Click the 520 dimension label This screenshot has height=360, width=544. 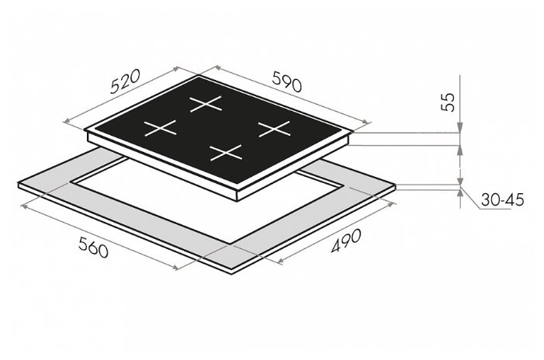125,81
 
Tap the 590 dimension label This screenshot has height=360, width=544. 287,81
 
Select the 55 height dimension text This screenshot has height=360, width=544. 448,102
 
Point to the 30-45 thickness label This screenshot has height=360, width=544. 502,200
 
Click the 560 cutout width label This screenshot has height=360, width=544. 93,247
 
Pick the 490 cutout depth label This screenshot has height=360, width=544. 346,241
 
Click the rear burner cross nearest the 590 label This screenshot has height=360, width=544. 206,104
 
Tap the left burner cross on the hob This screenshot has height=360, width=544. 161,128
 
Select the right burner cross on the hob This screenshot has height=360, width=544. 275,129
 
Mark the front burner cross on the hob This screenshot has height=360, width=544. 226,153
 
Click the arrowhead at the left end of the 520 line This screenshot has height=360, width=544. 67,121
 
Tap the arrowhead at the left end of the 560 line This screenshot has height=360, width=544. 24,206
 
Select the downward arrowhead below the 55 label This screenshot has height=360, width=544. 460,128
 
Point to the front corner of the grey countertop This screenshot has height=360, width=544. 231,274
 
